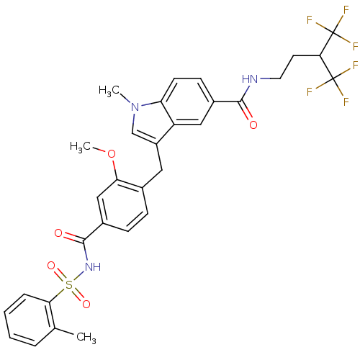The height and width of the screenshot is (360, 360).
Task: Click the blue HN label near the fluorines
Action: [250, 79]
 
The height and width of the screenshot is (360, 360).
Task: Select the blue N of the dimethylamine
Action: [134, 107]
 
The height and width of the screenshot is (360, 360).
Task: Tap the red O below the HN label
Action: [253, 125]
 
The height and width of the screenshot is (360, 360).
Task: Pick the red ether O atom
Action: [111, 153]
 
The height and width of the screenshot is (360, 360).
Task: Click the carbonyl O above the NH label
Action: [58, 233]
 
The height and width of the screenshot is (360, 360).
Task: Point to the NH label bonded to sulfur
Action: [93, 267]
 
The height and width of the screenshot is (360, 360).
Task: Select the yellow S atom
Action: [69, 285]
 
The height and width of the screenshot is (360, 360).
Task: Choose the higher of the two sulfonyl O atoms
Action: [51, 266]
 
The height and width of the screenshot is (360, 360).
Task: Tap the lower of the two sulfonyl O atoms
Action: [86, 305]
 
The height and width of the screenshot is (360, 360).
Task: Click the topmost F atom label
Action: [347, 9]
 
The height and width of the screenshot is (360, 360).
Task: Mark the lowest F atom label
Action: [346, 102]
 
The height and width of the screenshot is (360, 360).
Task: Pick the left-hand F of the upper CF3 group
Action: [310, 20]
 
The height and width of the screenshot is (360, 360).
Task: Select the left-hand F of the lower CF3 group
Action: [310, 91]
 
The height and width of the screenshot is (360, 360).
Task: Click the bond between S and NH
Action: [79, 277]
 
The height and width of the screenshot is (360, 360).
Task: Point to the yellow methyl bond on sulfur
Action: [61, 290]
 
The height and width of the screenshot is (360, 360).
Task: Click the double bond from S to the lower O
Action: [78, 295]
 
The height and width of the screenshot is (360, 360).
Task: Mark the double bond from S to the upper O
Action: [60, 275]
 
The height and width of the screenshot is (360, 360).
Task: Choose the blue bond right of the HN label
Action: [265, 78]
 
